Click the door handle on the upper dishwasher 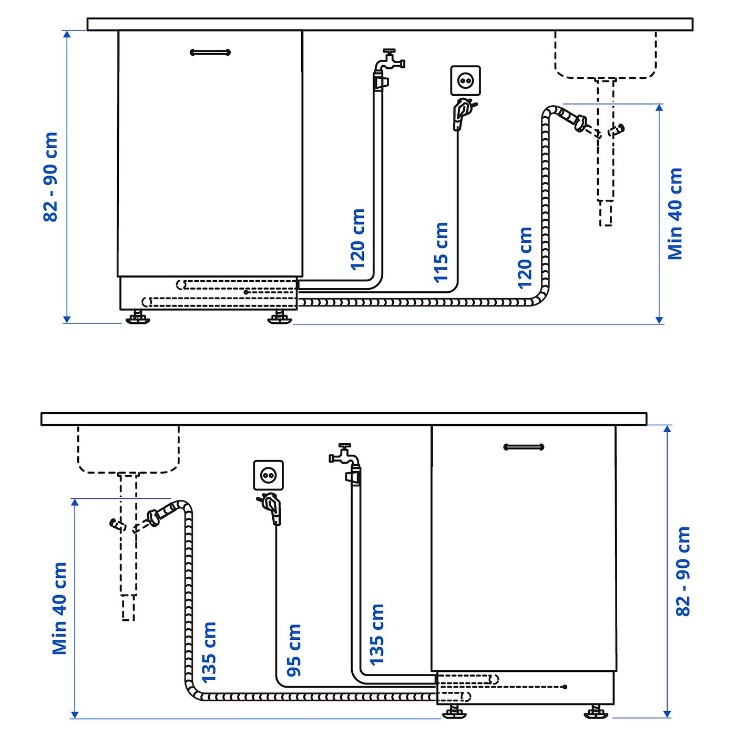(x=210, y=52)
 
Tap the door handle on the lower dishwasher (x=524, y=447)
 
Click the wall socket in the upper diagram (x=465, y=80)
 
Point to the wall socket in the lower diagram (x=268, y=475)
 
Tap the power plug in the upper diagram (x=462, y=112)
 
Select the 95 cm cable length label (x=294, y=650)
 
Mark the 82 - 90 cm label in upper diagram (x=50, y=177)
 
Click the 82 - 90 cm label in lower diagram (x=683, y=571)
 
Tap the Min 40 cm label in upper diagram (x=675, y=213)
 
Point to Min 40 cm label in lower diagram (x=59, y=608)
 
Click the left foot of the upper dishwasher (x=138, y=318)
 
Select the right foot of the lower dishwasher (x=597, y=712)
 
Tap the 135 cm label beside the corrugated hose (x=209, y=652)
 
